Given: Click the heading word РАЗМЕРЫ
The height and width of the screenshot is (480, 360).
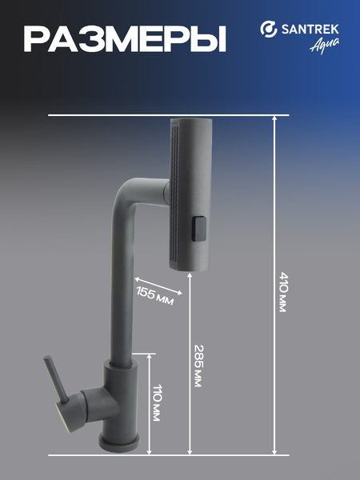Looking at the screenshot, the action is click(125, 39).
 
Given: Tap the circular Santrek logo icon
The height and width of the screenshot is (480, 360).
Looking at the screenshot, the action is click(269, 29).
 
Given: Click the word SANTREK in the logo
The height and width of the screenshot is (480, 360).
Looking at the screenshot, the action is click(310, 30).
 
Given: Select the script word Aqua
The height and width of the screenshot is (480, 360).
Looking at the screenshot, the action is click(325, 46).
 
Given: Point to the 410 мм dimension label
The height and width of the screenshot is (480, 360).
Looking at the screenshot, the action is click(283, 292).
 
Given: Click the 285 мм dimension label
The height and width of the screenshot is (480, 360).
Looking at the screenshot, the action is click(199, 366).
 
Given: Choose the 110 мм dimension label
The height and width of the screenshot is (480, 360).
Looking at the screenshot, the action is click(157, 402).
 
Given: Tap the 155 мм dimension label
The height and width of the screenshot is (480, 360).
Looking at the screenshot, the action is click(155, 296).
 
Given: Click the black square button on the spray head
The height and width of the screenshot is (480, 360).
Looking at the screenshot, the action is click(198, 229).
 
